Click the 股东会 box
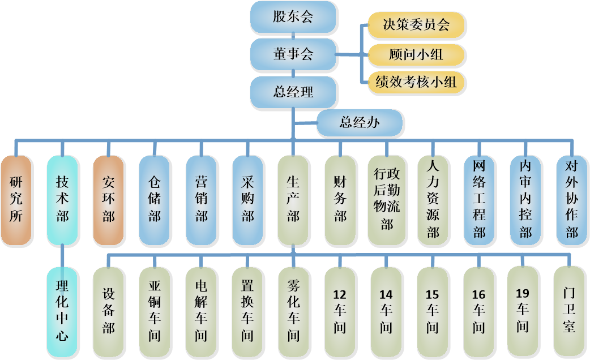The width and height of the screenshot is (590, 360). pos(293,16)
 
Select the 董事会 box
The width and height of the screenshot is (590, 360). pos(293,54)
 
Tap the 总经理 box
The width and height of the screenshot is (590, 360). pos(293,91)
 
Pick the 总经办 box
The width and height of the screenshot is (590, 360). pos(359,123)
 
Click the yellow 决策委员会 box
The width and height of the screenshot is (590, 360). pos(416,25)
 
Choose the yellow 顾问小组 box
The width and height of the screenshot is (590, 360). pos(416,54)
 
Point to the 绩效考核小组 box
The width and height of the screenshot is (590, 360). pos(416,83)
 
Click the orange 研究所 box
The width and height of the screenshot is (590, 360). pos(16,200)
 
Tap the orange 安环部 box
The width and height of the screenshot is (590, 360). pos(108,200)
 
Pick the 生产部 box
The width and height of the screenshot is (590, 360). pos(293,200)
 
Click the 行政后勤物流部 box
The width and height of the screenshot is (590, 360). pos(386,200)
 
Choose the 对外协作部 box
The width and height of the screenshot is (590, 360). pos(571,200)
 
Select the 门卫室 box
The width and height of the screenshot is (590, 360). pos(569,311)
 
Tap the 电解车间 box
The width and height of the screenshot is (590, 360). pos(200,312)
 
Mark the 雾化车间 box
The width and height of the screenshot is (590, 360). pos(293,312)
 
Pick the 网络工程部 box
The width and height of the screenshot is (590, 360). pos(479,200)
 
